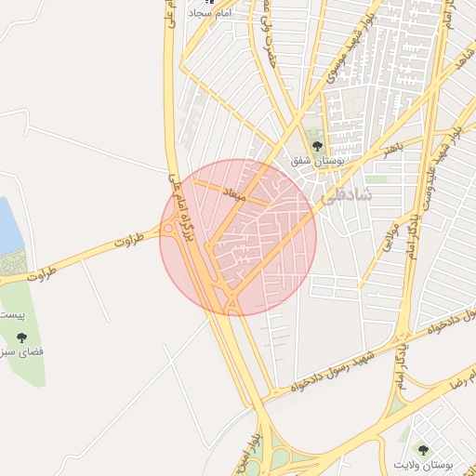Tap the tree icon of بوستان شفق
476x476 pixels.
coord(317,146)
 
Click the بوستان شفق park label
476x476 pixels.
coord(317,160)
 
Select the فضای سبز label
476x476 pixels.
coord(20,353)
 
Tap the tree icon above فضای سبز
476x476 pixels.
coord(21,338)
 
